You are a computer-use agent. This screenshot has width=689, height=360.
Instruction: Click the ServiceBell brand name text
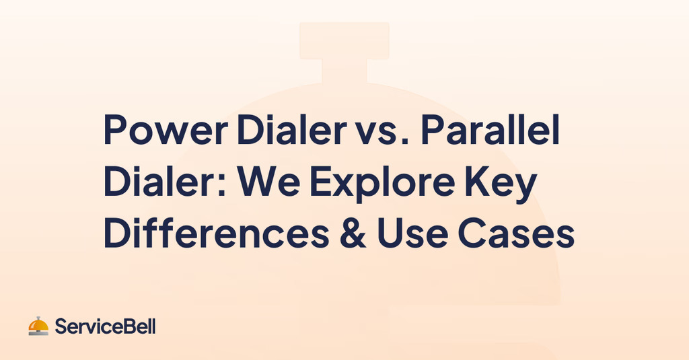105,328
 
